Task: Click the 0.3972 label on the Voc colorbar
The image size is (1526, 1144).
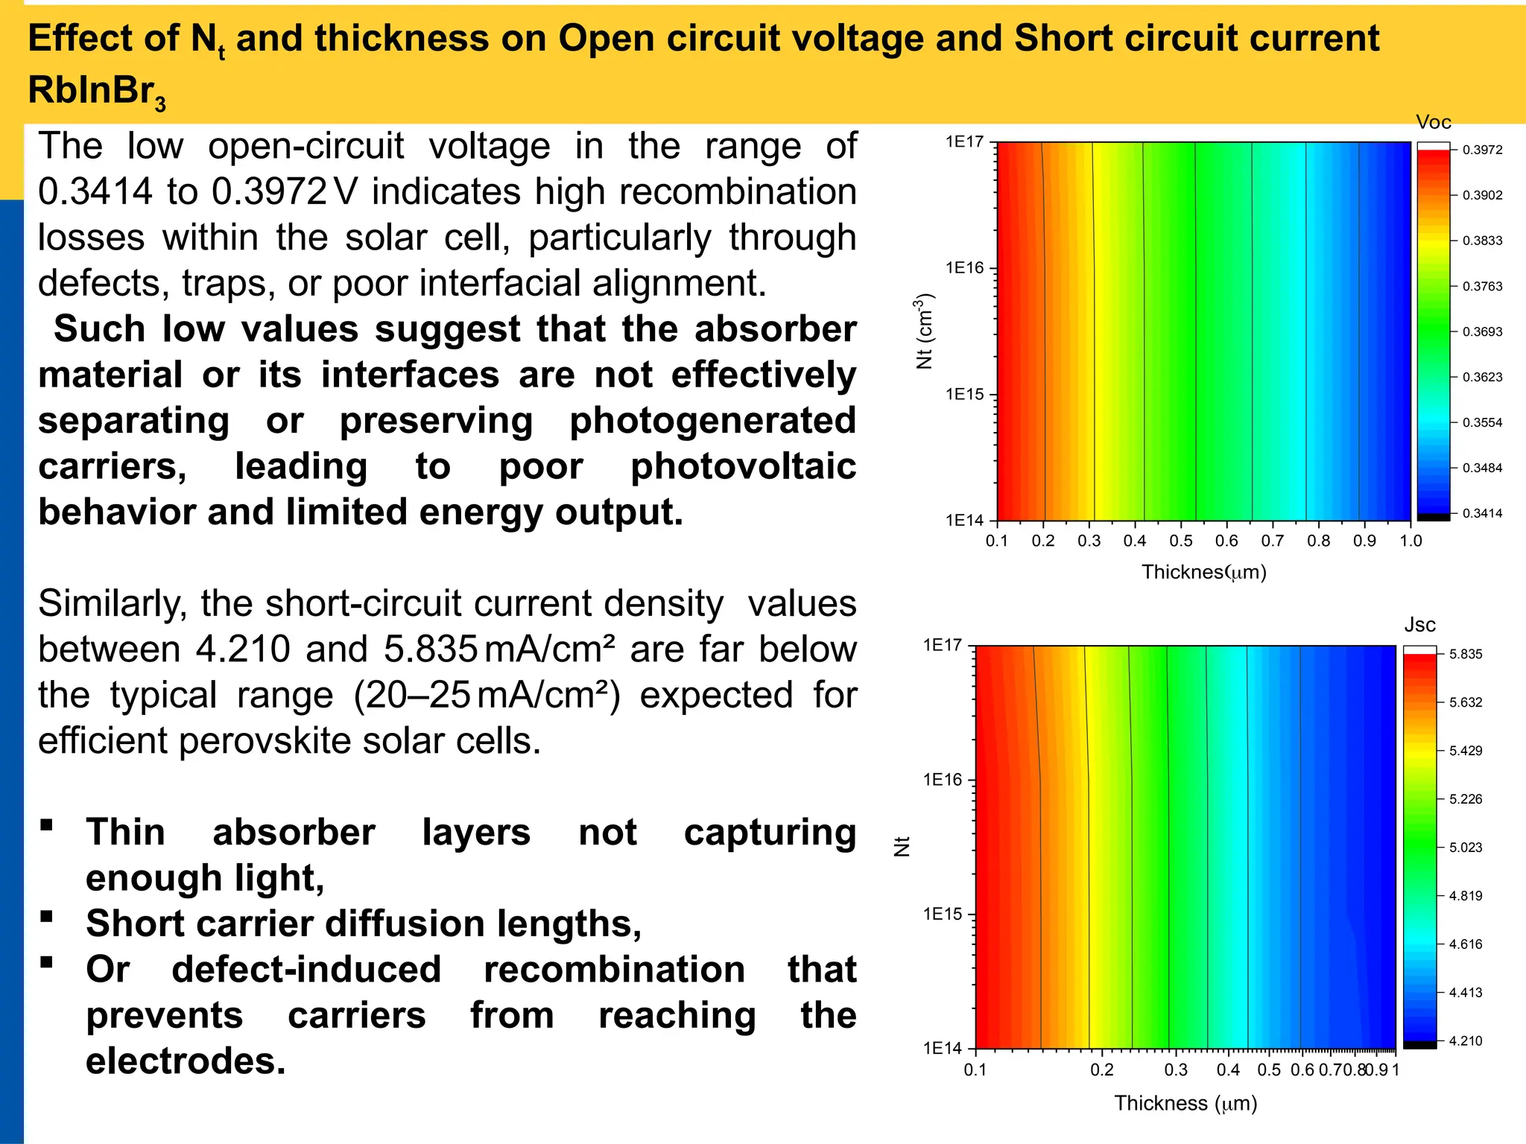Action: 1482,150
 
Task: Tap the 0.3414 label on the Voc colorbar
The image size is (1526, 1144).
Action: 1482,513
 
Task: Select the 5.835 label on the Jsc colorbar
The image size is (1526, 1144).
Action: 1466,654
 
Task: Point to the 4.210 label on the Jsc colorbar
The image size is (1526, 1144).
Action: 1466,1040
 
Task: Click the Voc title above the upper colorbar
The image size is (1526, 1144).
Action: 1434,122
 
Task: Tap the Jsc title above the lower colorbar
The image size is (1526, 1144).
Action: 1419,625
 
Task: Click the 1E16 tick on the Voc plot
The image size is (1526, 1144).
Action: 965,268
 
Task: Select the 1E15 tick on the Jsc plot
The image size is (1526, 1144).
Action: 943,914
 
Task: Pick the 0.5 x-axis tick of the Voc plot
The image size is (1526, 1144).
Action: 1181,541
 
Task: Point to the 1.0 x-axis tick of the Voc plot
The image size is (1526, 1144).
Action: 1411,541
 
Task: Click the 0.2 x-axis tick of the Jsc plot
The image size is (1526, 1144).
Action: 1102,1070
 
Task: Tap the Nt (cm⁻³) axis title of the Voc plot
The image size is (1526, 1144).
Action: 924,331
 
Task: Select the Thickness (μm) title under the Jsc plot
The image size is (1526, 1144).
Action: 1185,1103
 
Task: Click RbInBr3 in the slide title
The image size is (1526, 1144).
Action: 96,91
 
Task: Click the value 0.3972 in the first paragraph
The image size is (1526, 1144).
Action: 269,192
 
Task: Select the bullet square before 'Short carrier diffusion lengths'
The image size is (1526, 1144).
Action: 47,915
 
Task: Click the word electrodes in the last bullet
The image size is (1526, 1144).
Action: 186,1061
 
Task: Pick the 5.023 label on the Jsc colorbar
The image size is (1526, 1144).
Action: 1466,848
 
